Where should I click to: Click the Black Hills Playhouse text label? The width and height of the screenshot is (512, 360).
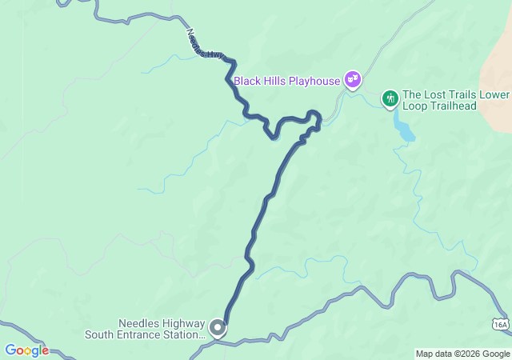287,81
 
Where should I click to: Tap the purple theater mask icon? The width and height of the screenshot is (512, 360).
352,79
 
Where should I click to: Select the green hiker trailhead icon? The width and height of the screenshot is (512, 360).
390,98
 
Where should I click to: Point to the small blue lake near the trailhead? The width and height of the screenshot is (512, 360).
402,126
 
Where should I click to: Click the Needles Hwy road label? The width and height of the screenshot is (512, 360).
205,45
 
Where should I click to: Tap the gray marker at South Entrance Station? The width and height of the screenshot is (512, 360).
217,328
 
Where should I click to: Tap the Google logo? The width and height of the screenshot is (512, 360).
26,350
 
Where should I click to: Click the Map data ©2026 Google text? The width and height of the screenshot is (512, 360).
462,354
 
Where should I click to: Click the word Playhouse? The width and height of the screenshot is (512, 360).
314,81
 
